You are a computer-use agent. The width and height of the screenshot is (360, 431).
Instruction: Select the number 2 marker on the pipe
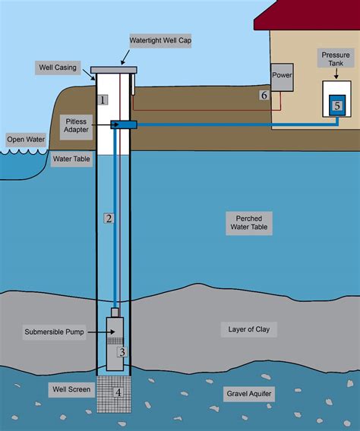tap(109, 219)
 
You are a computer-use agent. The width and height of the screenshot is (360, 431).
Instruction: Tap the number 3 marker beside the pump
tap(122, 351)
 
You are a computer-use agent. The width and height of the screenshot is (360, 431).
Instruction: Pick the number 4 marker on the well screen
tap(117, 392)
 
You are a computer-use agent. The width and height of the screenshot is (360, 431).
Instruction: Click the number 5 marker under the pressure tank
tap(336, 107)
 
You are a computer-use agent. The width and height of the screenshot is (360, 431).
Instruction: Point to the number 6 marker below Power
tap(264, 96)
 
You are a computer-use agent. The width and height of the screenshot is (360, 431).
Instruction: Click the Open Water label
tap(24, 140)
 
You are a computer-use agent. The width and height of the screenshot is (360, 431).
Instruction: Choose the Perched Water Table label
tap(248, 222)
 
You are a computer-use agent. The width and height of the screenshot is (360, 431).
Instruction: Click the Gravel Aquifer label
tap(250, 395)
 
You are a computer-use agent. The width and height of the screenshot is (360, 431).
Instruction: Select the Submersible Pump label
tap(56, 332)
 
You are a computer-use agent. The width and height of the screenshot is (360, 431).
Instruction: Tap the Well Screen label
tap(71, 390)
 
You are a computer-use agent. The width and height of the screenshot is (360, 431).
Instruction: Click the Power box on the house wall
tap(281, 77)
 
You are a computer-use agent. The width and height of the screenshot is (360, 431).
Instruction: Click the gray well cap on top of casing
tap(113, 71)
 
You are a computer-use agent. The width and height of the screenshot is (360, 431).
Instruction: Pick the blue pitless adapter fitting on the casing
tap(122, 124)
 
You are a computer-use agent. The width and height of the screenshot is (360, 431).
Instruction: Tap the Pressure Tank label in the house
tap(335, 60)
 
